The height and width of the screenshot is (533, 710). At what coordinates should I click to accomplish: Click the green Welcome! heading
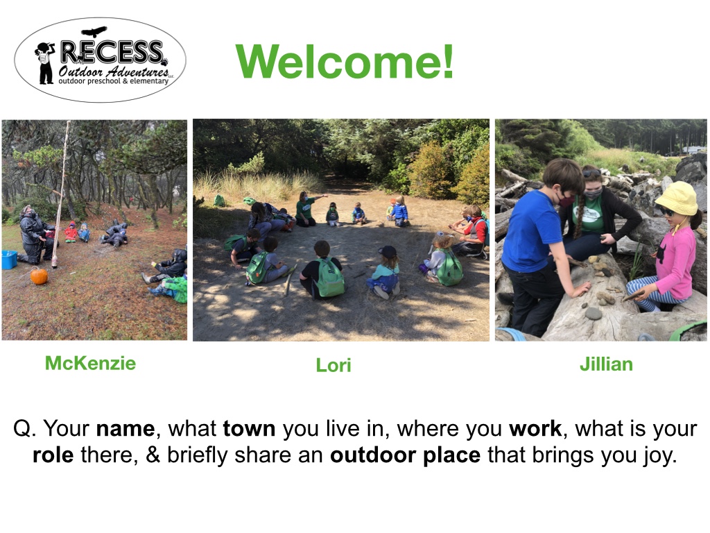coord(345,62)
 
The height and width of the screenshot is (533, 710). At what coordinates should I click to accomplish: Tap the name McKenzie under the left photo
coord(90,363)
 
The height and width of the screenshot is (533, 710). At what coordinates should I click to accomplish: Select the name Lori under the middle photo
coord(334,365)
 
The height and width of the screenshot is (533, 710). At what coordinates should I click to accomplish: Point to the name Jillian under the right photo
coord(606,364)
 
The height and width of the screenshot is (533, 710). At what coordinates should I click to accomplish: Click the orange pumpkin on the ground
coord(39,276)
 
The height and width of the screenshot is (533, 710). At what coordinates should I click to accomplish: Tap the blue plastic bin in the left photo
coord(9,260)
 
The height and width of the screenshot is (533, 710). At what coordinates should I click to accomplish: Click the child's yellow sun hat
coord(677,198)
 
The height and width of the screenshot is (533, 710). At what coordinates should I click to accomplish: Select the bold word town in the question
coord(249,428)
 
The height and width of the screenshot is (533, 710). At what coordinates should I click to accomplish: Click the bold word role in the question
coord(53,455)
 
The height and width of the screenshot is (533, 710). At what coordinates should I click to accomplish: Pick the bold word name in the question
coord(125,428)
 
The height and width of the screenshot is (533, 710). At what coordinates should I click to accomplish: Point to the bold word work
coord(535,428)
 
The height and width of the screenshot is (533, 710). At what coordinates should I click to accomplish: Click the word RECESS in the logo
coord(112,52)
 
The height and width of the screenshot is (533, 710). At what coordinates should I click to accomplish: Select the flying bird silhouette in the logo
coord(94,32)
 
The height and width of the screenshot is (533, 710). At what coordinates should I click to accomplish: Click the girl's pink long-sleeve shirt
coord(674,263)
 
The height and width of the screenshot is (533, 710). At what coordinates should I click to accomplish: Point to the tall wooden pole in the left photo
coord(61,194)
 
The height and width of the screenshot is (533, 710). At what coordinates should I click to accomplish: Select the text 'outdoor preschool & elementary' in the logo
coord(113,81)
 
